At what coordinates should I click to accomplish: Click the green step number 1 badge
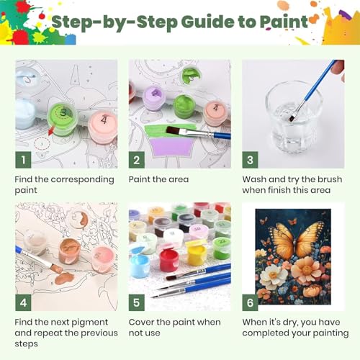(x=23, y=160)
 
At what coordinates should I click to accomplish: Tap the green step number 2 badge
(x=137, y=160)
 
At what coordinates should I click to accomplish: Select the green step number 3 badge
(x=250, y=160)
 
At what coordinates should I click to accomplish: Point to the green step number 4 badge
(x=23, y=302)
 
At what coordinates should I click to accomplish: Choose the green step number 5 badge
(x=137, y=302)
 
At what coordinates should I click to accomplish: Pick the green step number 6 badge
(x=250, y=302)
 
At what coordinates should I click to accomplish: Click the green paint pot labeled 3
(x=63, y=118)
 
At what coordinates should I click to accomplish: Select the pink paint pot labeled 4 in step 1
(x=103, y=125)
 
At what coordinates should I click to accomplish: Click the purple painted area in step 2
(x=171, y=147)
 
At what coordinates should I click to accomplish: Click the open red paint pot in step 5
(x=169, y=259)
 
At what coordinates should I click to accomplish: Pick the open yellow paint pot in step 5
(x=197, y=253)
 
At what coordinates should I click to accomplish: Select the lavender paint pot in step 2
(x=153, y=98)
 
